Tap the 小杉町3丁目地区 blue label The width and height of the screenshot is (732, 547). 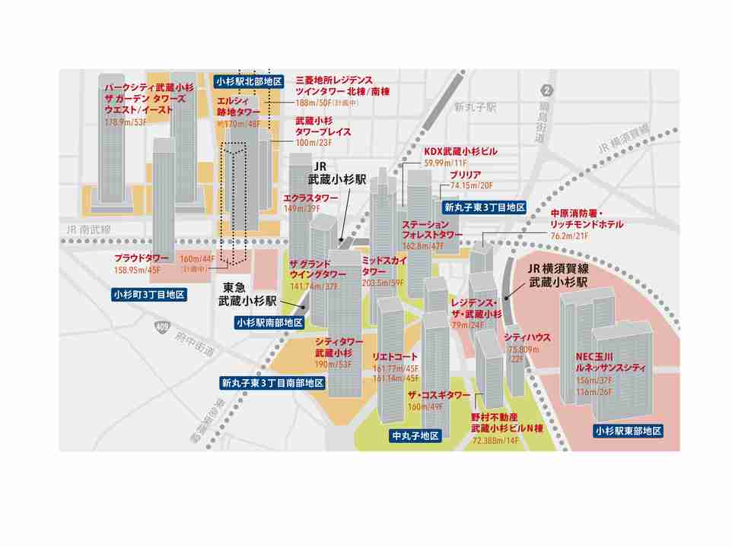coord(149,295)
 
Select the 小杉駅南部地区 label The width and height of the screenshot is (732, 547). coord(269,322)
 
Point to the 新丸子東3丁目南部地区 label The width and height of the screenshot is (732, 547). coord(272,383)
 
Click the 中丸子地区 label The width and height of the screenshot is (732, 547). coord(415,436)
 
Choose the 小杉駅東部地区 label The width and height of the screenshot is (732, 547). coord(628,431)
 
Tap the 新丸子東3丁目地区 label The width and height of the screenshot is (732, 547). coord(485,207)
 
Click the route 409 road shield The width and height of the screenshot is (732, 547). coord(161,328)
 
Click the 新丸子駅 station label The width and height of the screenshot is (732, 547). coord(474,107)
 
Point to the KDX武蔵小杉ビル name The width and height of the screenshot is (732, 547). coord(460,152)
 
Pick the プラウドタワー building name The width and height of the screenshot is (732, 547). coord(141,258)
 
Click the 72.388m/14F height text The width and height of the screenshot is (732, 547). coord(495,440)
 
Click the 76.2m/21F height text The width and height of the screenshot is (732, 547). coord(571,236)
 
